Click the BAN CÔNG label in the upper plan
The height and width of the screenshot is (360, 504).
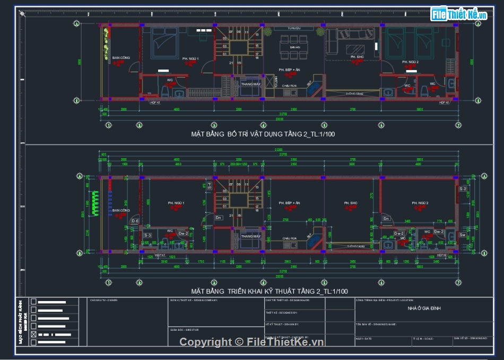pyautogui.click(x=121, y=58)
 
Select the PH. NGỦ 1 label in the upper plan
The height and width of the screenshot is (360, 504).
pyautogui.click(x=190, y=58)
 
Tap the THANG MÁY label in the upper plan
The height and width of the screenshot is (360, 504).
pyautogui.click(x=250, y=84)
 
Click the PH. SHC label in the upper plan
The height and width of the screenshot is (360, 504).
pyautogui.click(x=357, y=57)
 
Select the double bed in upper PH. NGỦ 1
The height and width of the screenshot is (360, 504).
pyautogui.click(x=165, y=42)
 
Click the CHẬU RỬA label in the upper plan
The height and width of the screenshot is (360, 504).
pyautogui.click(x=289, y=85)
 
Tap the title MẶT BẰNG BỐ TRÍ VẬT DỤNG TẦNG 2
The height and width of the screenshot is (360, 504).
pyautogui.click(x=263, y=134)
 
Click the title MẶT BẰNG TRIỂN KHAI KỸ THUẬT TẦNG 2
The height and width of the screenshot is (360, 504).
pyautogui.click(x=270, y=292)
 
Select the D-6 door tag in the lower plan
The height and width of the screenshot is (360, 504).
pyautogui.click(x=135, y=221)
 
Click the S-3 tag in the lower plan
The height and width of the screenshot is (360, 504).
pyautogui.click(x=148, y=235)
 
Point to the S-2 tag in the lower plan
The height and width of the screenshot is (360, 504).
pyautogui.click(x=463, y=189)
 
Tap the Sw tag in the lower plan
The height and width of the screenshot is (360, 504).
pyautogui.click(x=463, y=234)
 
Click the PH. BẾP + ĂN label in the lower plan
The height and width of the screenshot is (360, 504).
pyautogui.click(x=290, y=203)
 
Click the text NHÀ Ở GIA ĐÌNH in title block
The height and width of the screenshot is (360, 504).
pyautogui.click(x=424, y=308)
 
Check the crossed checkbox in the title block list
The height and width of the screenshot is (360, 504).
pyautogui.click(x=34, y=335)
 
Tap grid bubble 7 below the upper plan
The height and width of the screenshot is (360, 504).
pyautogui.click(x=458, y=125)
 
